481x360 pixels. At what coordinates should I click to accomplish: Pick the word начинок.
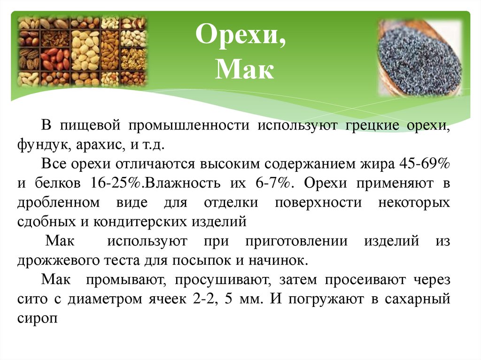pyautogui.click(x=287, y=260)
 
